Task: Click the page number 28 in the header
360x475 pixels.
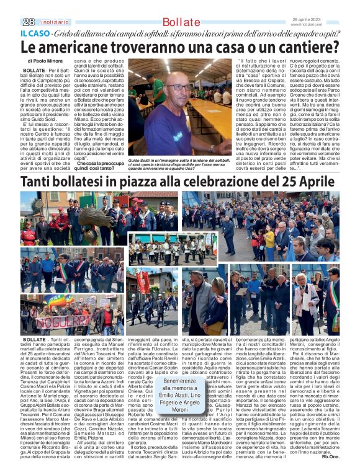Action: point(27,22)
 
